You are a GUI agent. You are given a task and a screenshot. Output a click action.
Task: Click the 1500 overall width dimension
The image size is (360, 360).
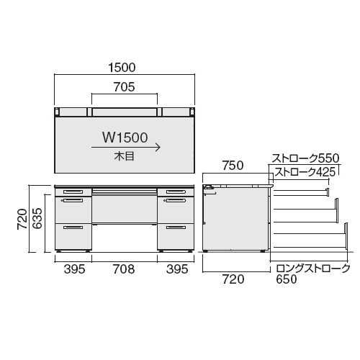pyautogui.click(x=122, y=68)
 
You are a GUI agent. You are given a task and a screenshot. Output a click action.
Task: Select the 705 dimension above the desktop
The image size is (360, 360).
pyautogui.click(x=125, y=87)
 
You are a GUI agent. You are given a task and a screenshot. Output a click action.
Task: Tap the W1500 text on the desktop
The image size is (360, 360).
pyautogui.click(x=125, y=138)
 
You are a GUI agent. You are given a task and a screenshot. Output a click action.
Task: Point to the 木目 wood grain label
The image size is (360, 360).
pyautogui.click(x=124, y=156)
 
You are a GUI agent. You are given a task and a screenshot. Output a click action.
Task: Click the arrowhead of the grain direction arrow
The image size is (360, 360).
pyautogui.click(x=158, y=148)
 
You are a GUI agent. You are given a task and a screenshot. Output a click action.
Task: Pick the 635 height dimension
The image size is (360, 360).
pyautogui.click(x=37, y=218)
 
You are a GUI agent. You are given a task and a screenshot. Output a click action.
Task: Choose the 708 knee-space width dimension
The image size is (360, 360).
pyautogui.click(x=124, y=269)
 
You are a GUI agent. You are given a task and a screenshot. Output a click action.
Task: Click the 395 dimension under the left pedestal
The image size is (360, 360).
pyautogui.click(x=74, y=269)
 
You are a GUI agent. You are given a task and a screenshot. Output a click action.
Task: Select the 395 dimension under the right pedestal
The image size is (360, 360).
pyautogui.click(x=177, y=269)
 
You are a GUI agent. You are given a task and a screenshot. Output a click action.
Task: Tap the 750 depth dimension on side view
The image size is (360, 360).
pyautogui.click(x=233, y=166)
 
